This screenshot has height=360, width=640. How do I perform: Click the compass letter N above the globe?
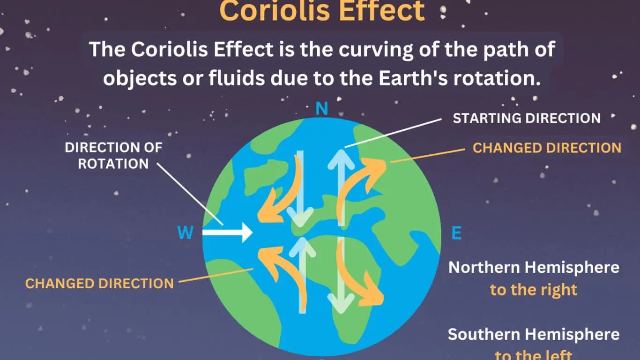tap(321, 109)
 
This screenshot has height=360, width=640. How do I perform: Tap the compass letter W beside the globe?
tap(186, 232)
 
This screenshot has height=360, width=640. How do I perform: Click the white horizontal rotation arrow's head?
tap(246, 232)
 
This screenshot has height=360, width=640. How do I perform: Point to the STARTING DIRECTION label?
tap(527, 118)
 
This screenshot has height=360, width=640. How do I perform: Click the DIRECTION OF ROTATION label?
tap(113, 155)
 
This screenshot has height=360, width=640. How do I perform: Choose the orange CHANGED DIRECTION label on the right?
tap(547, 148)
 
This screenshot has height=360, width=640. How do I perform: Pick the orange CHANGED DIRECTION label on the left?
tap(99, 284)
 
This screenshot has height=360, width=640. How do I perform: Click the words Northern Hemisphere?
tap(534, 268)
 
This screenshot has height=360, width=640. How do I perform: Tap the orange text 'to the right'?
tap(534, 290)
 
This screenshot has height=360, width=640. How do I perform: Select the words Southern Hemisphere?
tap(534, 335)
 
